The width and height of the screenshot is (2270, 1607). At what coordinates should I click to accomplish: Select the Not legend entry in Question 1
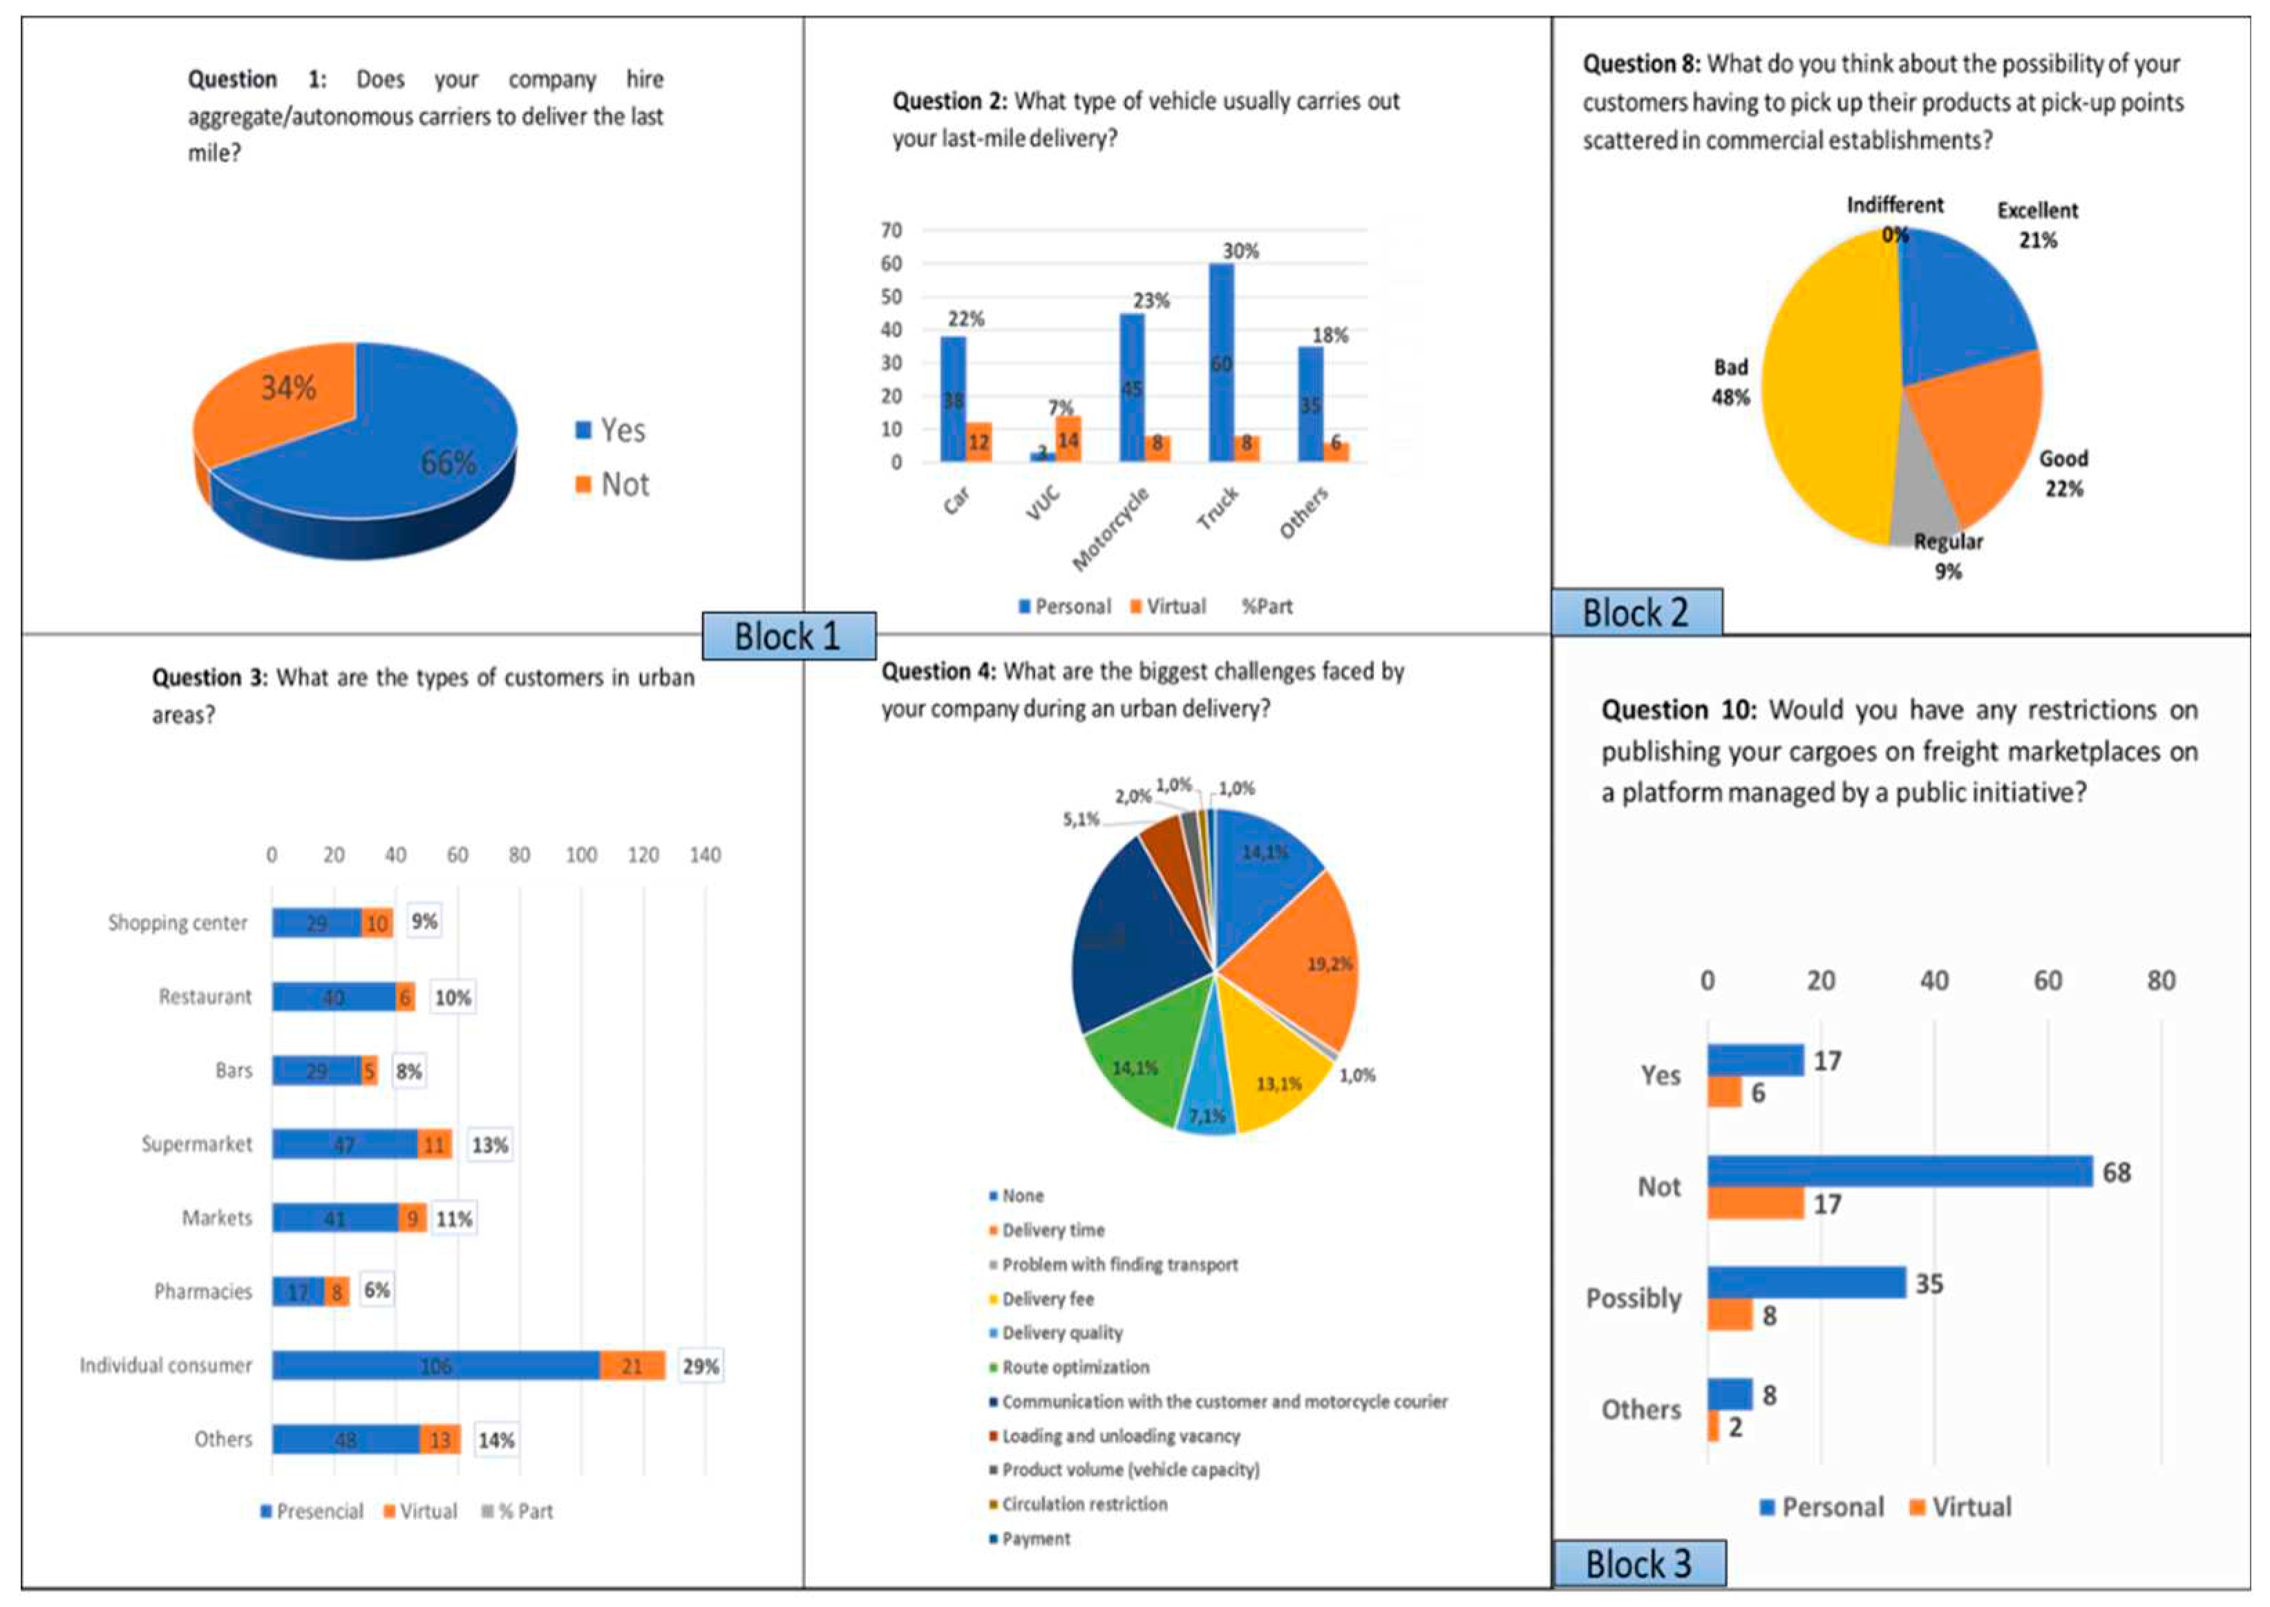pos(613,485)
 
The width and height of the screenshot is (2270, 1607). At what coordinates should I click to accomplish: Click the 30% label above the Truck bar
pos(1240,252)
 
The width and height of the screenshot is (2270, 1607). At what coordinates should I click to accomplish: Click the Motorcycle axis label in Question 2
pos(1112,529)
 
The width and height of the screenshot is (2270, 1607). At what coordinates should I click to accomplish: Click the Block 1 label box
pos(788,635)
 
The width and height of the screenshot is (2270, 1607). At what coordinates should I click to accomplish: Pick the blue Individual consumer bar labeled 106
pos(435,1366)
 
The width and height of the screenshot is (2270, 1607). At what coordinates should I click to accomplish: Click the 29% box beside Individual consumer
pos(700,1366)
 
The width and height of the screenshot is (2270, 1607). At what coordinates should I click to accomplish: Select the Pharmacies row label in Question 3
pos(202,1291)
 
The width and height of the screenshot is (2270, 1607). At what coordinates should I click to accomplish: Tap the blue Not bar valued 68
pos(1899,1172)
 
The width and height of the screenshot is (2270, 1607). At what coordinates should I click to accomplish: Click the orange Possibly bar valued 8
pos(1729,1315)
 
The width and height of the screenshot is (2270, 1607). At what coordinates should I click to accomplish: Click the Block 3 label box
pos(1639,1564)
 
